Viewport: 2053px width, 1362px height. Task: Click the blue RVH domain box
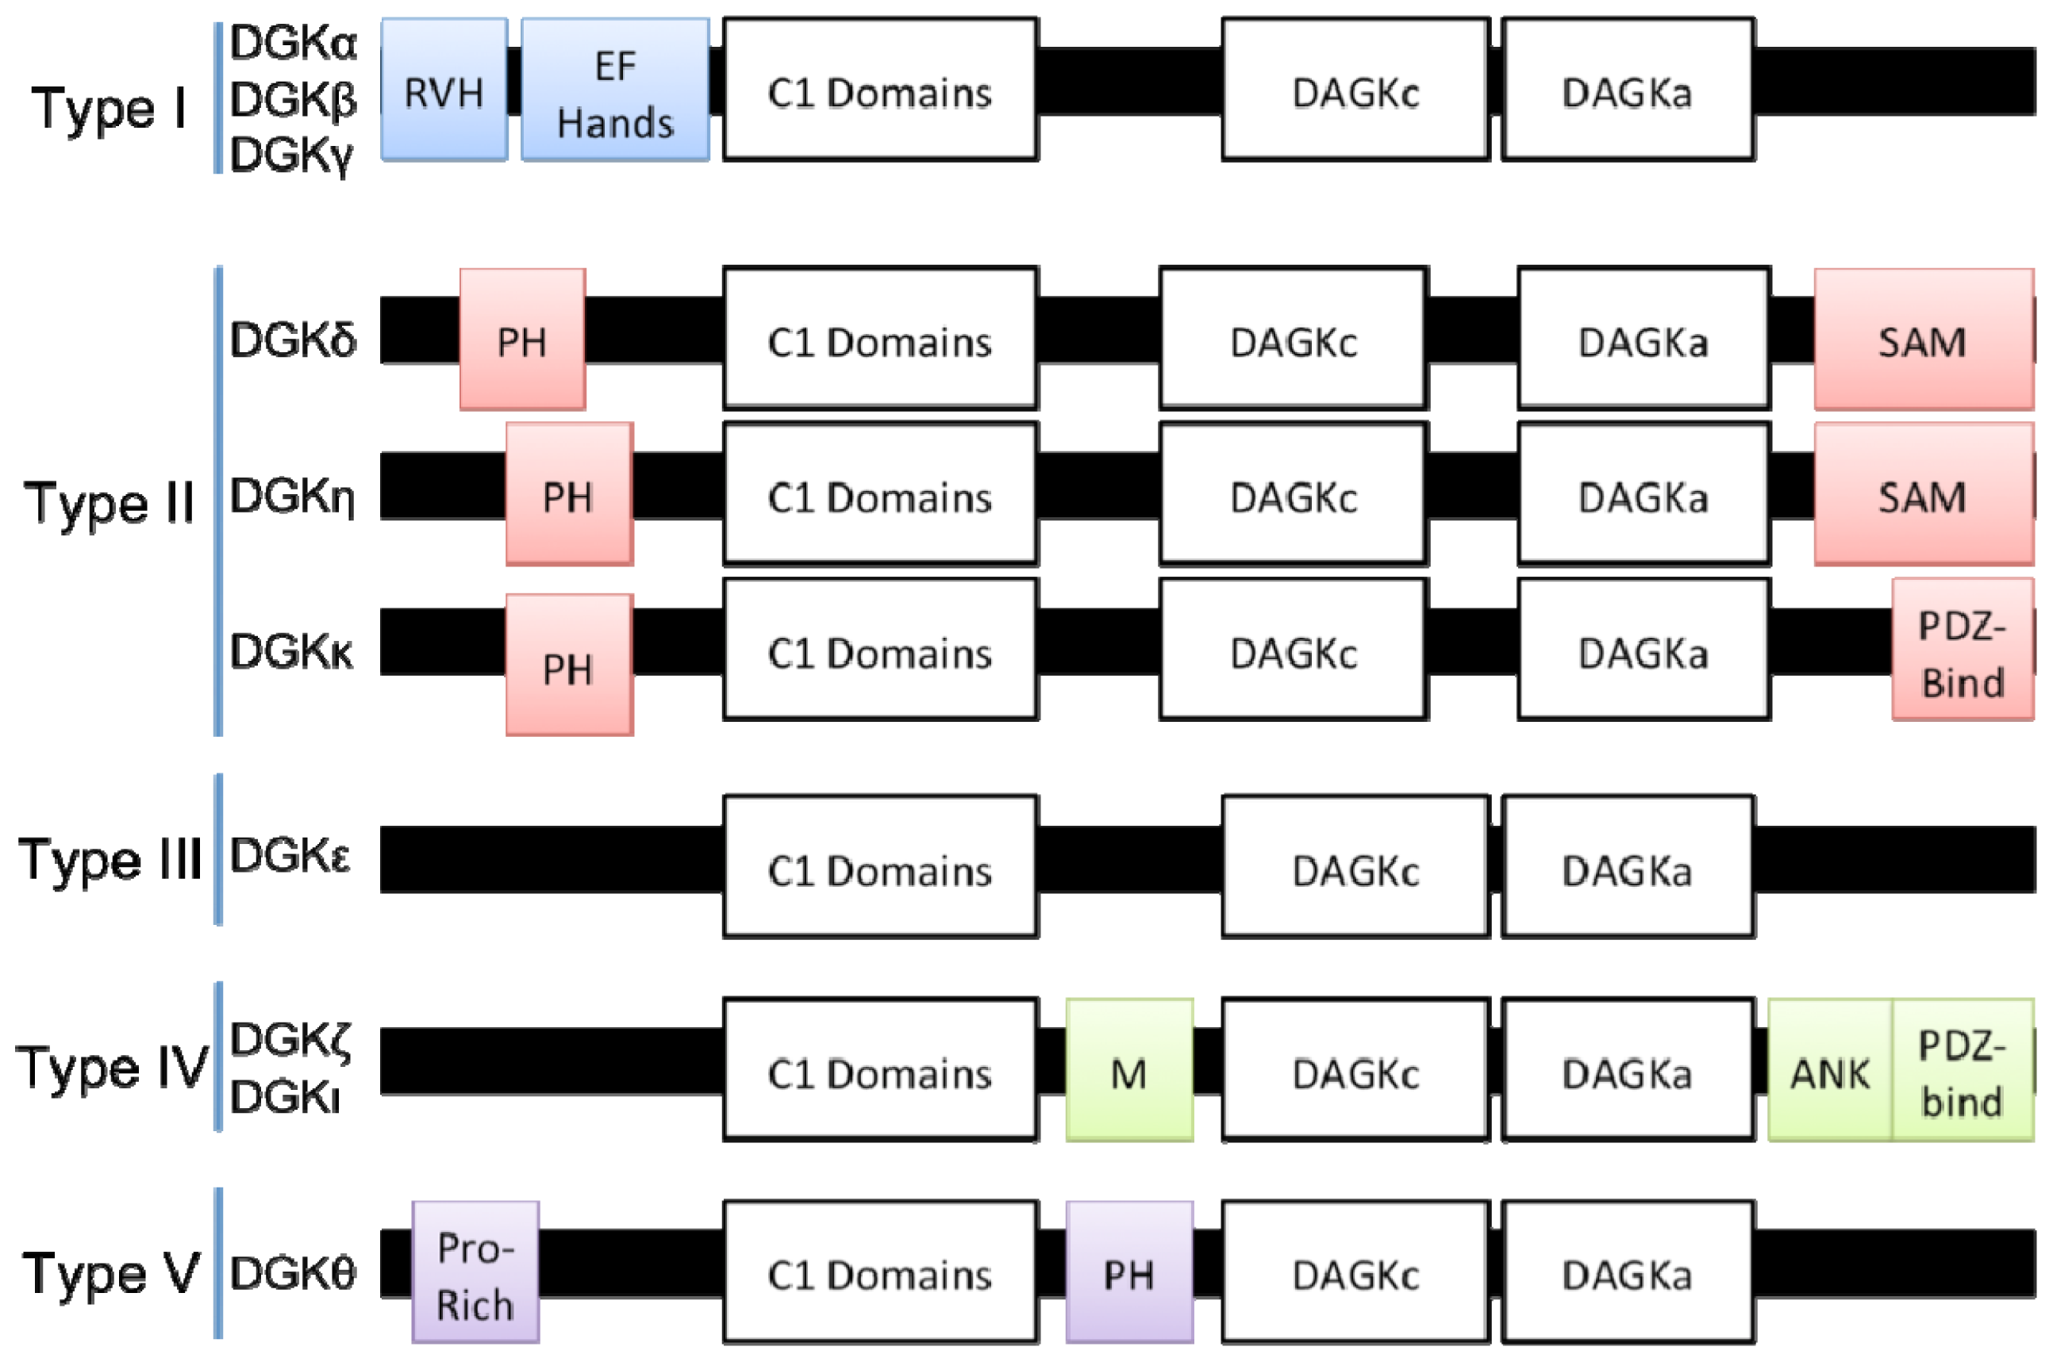[444, 90]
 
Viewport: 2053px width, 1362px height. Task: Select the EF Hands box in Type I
[615, 90]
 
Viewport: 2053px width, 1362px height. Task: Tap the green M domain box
[1128, 1070]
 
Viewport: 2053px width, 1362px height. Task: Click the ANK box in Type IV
[1830, 1070]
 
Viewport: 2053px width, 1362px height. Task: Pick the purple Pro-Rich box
[475, 1272]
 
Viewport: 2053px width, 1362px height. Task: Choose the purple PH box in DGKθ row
[1128, 1272]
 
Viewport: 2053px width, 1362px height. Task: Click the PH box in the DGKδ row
[522, 340]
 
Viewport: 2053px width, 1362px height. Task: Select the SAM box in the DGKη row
[1923, 494]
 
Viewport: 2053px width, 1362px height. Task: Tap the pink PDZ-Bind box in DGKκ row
[1962, 650]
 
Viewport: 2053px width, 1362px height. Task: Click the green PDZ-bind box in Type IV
[1962, 1070]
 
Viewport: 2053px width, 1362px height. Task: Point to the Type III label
[110, 859]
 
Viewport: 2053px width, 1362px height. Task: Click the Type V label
[111, 1272]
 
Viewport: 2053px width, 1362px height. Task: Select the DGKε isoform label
[291, 857]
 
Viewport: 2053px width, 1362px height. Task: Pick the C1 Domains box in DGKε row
[880, 868]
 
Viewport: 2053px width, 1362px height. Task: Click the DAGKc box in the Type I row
[1355, 90]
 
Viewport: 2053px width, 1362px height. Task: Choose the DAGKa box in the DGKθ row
[1628, 1272]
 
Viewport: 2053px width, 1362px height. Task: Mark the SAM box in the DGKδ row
[1923, 340]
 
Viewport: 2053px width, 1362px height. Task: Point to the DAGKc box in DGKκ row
[1294, 650]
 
